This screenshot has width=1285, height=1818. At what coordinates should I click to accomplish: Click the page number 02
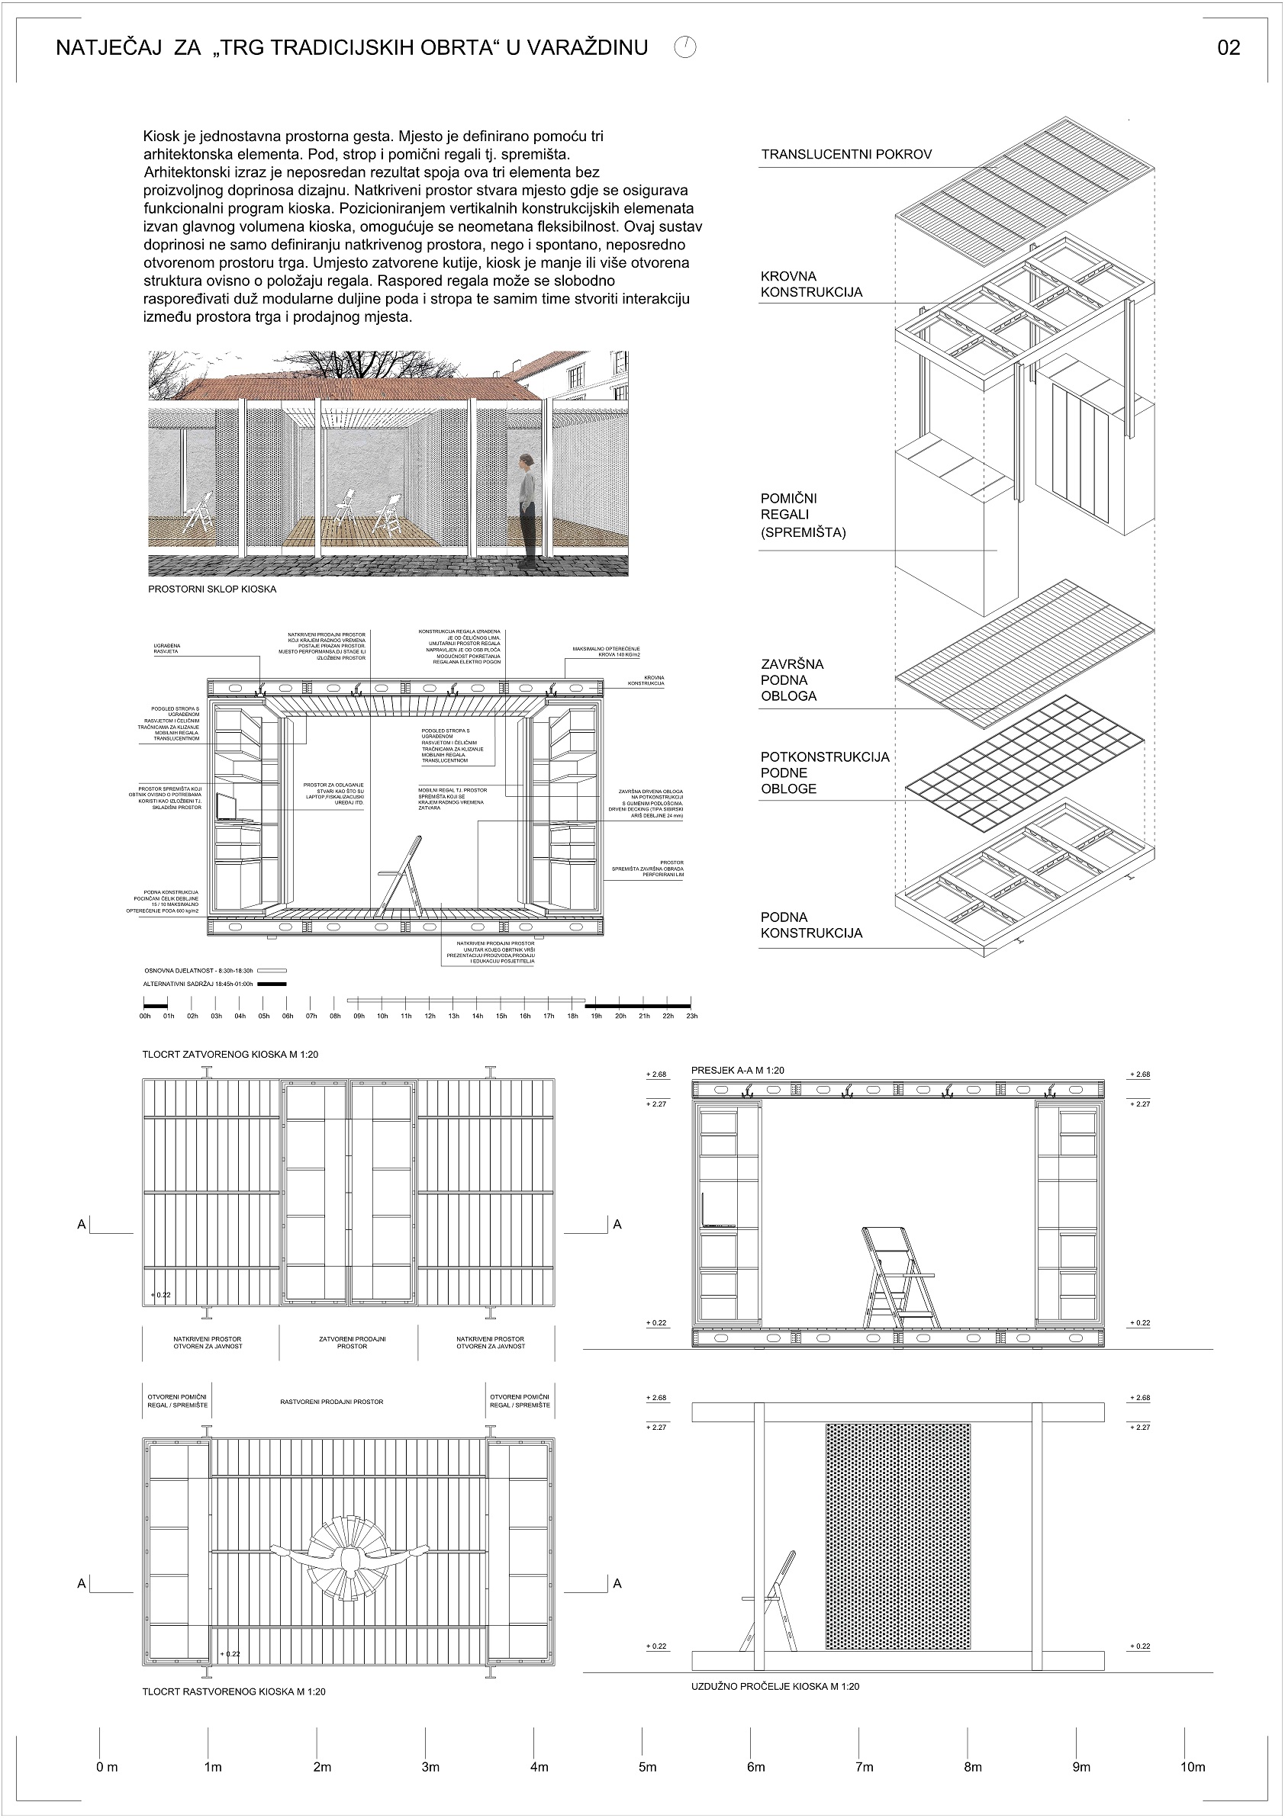click(1228, 48)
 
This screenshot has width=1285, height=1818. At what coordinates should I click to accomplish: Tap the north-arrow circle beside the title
click(685, 47)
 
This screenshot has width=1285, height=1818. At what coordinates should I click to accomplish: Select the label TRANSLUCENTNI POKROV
click(846, 154)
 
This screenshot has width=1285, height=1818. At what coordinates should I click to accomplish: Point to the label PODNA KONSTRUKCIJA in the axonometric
click(811, 925)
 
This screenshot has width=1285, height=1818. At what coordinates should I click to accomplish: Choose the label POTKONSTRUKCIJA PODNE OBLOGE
click(824, 772)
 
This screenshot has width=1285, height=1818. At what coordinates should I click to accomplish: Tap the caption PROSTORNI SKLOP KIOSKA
click(212, 590)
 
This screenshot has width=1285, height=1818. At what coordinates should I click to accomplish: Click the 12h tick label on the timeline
click(430, 1016)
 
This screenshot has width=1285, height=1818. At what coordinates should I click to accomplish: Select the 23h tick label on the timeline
click(691, 1016)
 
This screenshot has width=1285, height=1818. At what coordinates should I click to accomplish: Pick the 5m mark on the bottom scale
click(647, 1767)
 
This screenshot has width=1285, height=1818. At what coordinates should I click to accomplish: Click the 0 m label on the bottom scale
click(106, 1767)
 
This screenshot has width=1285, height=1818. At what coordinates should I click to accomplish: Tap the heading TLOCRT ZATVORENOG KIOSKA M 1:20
click(230, 1055)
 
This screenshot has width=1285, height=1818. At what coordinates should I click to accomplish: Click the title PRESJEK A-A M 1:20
click(738, 1071)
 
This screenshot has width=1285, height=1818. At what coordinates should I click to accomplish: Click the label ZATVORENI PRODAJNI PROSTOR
click(352, 1342)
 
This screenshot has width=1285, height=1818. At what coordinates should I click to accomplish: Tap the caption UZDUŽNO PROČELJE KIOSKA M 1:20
click(775, 1687)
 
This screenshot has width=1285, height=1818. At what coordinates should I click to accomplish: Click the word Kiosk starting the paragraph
click(160, 137)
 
